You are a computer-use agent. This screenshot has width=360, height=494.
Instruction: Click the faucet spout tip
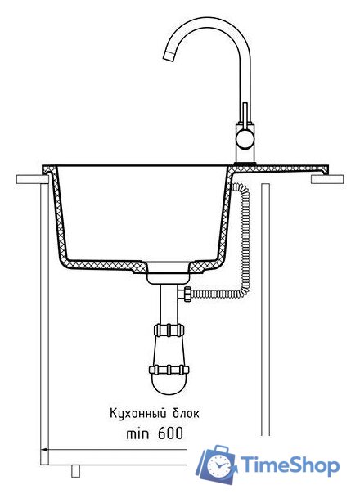pos(169,56)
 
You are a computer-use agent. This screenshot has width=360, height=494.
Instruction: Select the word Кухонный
pos(137,413)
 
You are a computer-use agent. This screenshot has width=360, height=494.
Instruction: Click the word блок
pos(187,413)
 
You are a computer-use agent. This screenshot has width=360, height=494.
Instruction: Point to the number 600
pos(170,433)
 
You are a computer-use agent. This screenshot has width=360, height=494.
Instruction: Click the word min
pos(137,434)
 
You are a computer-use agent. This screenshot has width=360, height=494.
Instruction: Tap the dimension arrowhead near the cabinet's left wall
pos(45,449)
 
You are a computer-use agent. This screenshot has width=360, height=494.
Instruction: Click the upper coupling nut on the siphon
pos(169,330)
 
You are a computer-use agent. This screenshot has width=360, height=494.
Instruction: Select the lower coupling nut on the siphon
pos(169,369)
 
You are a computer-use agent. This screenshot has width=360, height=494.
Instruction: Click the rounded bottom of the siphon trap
pos(169,384)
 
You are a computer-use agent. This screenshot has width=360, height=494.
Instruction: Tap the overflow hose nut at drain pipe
pos(185,294)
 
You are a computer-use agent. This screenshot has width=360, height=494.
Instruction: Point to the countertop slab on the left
pos(32,179)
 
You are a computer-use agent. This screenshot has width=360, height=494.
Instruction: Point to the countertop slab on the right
pos(327,179)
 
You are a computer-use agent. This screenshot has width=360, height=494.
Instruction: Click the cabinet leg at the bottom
pos(75,471)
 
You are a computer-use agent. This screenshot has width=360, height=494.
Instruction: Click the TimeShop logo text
pos(290,466)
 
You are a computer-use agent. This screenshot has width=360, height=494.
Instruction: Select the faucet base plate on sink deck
pos(245,164)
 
